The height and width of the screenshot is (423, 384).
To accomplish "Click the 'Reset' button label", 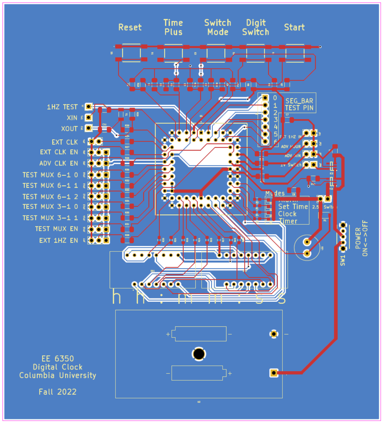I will tap(130, 27).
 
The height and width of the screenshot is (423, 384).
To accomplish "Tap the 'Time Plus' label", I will tap(173, 27).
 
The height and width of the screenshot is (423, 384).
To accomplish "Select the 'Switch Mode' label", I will tap(218, 27).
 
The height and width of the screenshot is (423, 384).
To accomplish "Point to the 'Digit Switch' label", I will tap(256, 27).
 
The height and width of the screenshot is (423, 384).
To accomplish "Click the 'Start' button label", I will tap(294, 27).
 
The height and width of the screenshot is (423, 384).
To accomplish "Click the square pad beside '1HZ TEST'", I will tap(89, 106).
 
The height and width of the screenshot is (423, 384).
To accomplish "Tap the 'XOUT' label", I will tap(69, 129).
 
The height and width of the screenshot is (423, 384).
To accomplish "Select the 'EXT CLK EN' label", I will tap(59, 152).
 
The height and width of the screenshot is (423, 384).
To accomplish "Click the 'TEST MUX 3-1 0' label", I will tap(50, 206).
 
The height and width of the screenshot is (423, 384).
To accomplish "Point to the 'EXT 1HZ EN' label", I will tap(59, 240).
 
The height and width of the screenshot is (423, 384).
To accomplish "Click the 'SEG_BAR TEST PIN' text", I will tap(299, 104).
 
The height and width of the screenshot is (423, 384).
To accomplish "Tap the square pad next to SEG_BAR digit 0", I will tap(265, 98).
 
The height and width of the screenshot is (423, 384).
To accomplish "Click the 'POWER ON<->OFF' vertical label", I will tap(361, 238).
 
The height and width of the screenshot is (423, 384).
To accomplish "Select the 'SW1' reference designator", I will tap(343, 260).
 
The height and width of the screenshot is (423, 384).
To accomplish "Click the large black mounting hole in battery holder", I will tap(199, 354).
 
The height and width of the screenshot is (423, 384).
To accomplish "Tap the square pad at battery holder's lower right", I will tap(274, 373).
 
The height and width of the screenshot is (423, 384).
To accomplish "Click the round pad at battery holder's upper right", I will tap(274, 334).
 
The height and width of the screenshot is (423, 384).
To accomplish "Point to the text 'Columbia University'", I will tap(58, 375).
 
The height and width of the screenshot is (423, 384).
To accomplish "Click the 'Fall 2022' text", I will tap(58, 392).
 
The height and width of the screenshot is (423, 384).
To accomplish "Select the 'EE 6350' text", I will tap(58, 359).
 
